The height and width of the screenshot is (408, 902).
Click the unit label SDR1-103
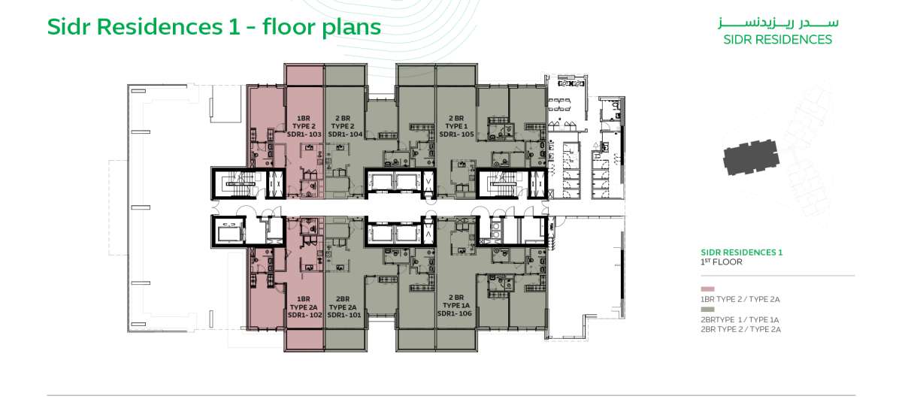(x=304, y=134)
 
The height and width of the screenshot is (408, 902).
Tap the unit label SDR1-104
(x=345, y=134)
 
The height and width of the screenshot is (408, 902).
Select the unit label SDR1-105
(x=457, y=134)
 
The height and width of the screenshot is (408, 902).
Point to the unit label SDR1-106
(x=455, y=313)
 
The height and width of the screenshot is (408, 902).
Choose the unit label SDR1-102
(x=305, y=315)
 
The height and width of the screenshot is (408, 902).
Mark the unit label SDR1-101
(x=344, y=315)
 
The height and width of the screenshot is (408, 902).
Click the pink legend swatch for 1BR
(x=707, y=289)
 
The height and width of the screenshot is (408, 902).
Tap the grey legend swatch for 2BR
(x=707, y=310)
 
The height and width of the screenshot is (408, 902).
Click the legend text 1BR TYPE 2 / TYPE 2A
(x=740, y=299)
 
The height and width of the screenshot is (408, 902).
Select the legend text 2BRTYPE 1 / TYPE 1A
(x=740, y=320)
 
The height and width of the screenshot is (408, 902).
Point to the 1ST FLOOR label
(x=721, y=262)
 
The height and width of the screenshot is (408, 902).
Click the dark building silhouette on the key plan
(x=751, y=157)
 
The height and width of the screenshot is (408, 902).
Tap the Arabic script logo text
(x=778, y=23)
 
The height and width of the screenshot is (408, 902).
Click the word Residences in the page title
(x=159, y=27)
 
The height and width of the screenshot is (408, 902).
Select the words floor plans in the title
(x=322, y=28)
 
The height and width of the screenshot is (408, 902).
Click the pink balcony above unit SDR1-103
(x=304, y=75)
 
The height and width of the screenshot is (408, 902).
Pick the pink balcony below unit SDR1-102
(x=304, y=340)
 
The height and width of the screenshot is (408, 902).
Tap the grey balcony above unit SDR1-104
(x=345, y=75)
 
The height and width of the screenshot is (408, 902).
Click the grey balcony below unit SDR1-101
(x=345, y=340)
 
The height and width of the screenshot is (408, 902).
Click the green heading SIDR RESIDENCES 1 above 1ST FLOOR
(x=741, y=252)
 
